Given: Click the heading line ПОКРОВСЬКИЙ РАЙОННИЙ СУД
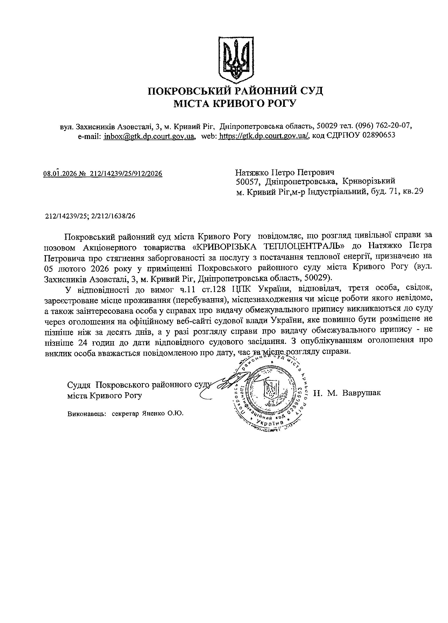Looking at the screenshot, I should pos(235,91).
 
